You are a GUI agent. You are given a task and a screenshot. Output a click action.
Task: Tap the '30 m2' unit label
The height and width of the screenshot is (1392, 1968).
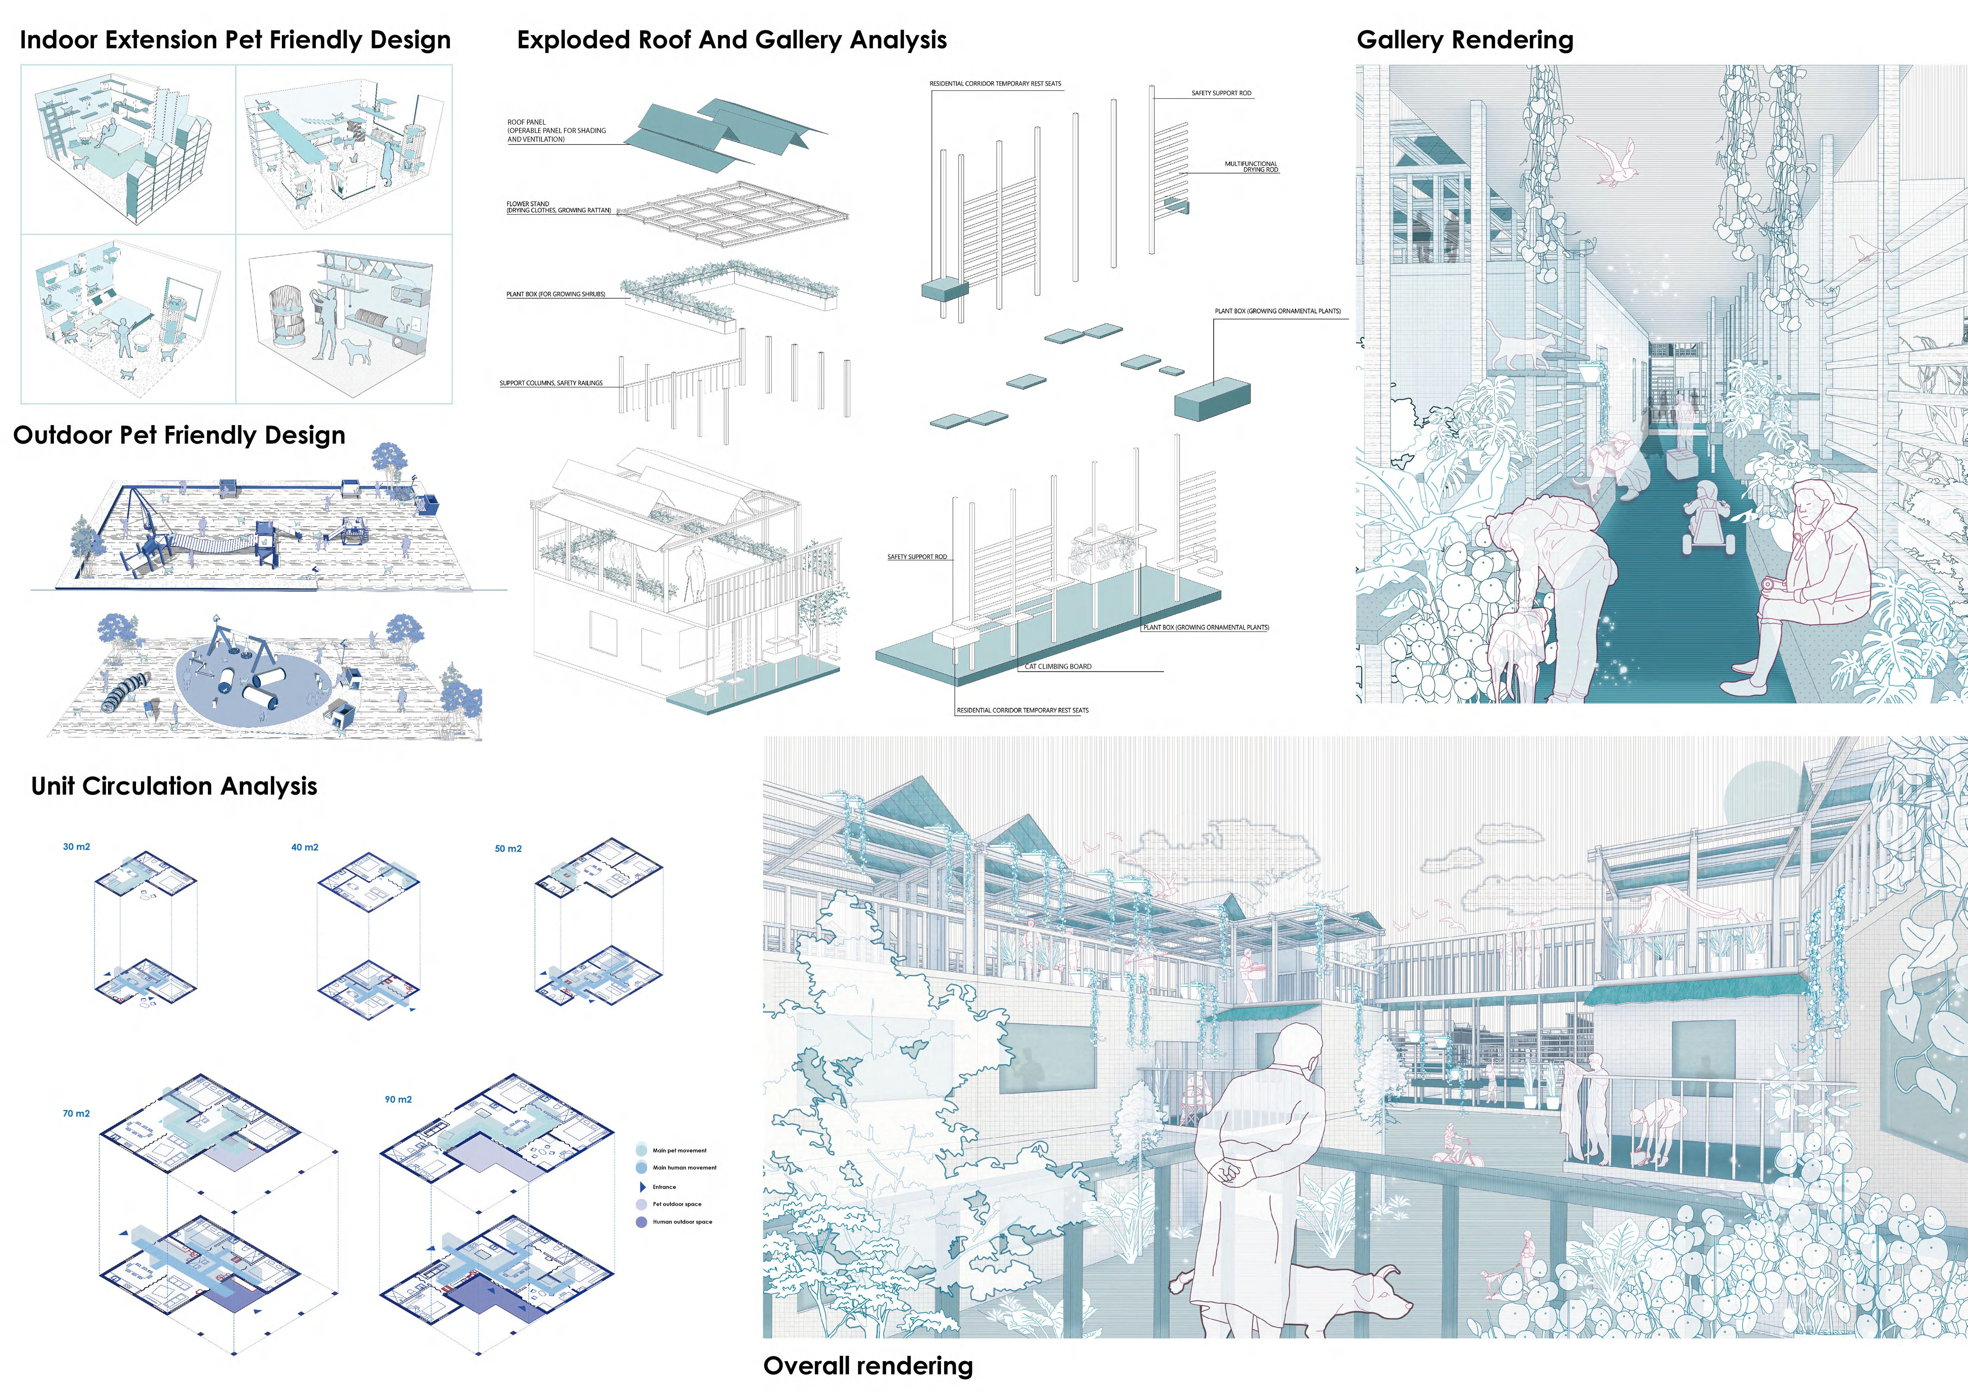(76, 847)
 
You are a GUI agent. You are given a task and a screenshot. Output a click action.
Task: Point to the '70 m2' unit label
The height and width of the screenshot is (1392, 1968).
(76, 1114)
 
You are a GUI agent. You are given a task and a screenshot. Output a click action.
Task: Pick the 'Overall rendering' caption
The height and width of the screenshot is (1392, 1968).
(867, 1365)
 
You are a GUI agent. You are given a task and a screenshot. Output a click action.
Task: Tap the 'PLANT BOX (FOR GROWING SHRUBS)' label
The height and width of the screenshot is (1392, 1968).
(555, 294)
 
